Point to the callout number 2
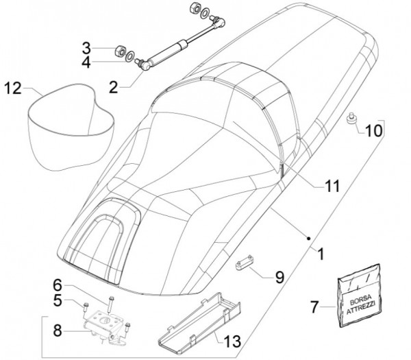[x=113, y=87]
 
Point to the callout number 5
[x=58, y=300]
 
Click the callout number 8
[x=58, y=330]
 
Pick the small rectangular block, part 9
[x=246, y=263]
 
